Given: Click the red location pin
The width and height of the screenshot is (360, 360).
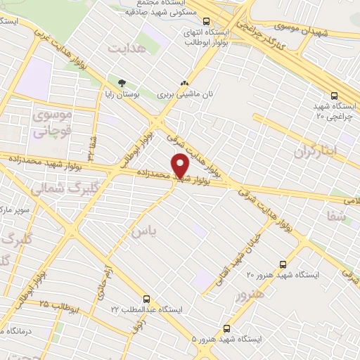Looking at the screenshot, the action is pyautogui.click(x=181, y=165).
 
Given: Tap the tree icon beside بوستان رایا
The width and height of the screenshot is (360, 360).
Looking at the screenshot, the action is pyautogui.click(x=122, y=83).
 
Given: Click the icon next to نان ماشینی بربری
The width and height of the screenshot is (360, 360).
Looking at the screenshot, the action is pyautogui.click(x=185, y=83).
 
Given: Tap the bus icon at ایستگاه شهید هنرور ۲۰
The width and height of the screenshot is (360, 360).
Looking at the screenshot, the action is pyautogui.click(x=283, y=265).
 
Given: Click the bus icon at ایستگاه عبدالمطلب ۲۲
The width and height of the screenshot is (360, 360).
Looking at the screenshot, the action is pyautogui.click(x=146, y=299).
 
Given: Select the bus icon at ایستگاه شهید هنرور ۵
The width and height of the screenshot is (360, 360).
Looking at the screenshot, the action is pyautogui.click(x=226, y=328).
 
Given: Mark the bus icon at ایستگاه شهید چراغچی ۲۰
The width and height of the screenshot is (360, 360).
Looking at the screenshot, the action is pyautogui.click(x=334, y=96).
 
